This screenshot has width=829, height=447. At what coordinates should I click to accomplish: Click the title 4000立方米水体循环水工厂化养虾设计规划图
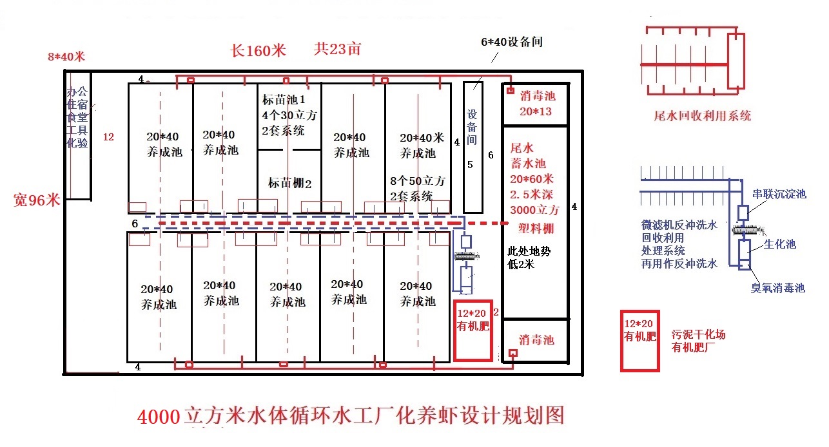[351, 416]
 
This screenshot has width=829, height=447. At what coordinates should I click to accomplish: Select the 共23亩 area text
[338, 49]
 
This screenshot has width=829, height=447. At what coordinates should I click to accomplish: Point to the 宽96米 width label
[37, 200]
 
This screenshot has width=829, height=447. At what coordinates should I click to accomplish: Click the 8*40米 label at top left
[66, 57]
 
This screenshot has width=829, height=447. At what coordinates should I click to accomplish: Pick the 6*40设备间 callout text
[512, 42]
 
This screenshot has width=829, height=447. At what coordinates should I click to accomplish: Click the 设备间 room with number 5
[473, 147]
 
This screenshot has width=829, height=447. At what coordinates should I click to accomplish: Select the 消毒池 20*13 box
[536, 104]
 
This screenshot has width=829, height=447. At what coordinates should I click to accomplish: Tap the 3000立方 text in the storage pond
[534, 210]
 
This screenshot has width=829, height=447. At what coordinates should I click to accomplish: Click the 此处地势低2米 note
[529, 258]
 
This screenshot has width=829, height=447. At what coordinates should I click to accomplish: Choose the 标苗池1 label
[284, 99]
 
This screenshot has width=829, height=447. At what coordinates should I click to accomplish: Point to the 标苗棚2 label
[290, 183]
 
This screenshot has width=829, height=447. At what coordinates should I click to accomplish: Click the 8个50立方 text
[418, 181]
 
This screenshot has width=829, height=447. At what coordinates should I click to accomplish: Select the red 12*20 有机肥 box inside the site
[473, 330]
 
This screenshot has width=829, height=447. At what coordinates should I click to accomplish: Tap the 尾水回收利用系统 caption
[703, 116]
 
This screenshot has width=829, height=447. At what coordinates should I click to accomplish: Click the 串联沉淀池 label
[779, 194]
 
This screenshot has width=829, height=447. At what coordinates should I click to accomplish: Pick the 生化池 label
[780, 244]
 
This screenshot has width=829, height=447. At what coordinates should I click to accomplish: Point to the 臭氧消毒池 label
[778, 288]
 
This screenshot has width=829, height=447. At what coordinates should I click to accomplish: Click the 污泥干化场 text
[698, 334]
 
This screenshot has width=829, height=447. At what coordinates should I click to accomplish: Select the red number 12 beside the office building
[108, 137]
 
